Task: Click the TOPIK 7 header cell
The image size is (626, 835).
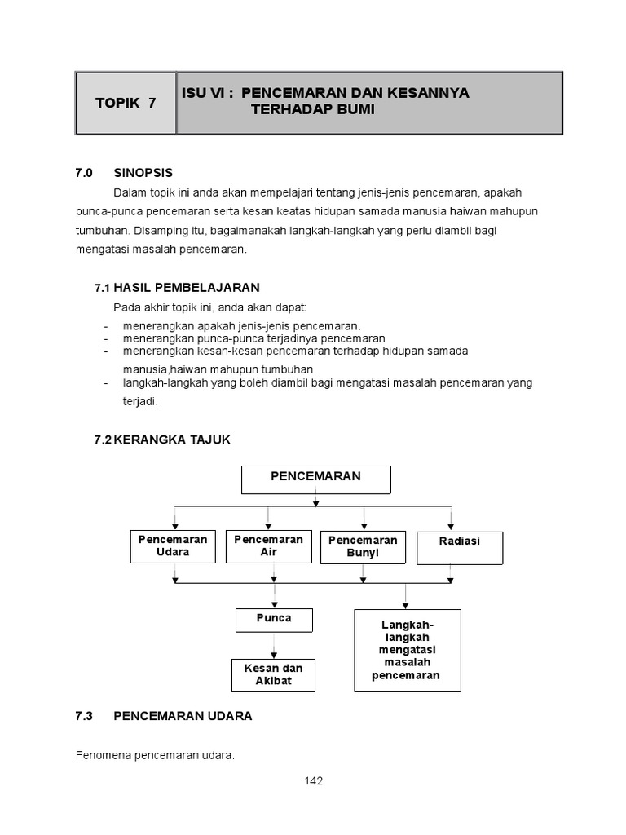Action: point(126,103)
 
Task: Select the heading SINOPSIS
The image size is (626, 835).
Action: point(143,172)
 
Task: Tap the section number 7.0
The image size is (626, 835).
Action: point(85,172)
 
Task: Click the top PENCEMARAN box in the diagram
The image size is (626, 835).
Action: point(315,479)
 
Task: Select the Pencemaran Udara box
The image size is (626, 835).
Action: point(173,546)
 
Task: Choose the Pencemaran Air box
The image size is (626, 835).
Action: point(268,546)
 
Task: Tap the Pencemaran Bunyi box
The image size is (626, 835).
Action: point(363,547)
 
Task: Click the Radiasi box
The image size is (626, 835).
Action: point(460,547)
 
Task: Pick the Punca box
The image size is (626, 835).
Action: point(274,620)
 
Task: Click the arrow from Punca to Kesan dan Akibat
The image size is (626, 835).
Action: point(274,645)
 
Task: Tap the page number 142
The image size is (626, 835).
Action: point(314,780)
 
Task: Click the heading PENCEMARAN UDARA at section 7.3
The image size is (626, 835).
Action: point(183,716)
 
